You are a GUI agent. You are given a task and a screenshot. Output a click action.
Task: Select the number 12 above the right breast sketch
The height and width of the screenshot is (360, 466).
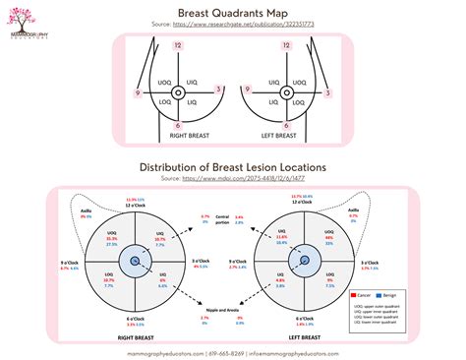click(x=177, y=46)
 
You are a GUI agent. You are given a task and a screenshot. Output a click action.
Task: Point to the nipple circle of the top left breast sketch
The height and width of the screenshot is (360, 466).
click(x=177, y=92)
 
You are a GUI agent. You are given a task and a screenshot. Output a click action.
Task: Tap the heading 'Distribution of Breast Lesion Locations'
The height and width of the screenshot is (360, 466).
click(x=234, y=167)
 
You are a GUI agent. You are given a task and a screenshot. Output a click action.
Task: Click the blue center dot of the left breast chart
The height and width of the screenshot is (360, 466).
click(x=304, y=261)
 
